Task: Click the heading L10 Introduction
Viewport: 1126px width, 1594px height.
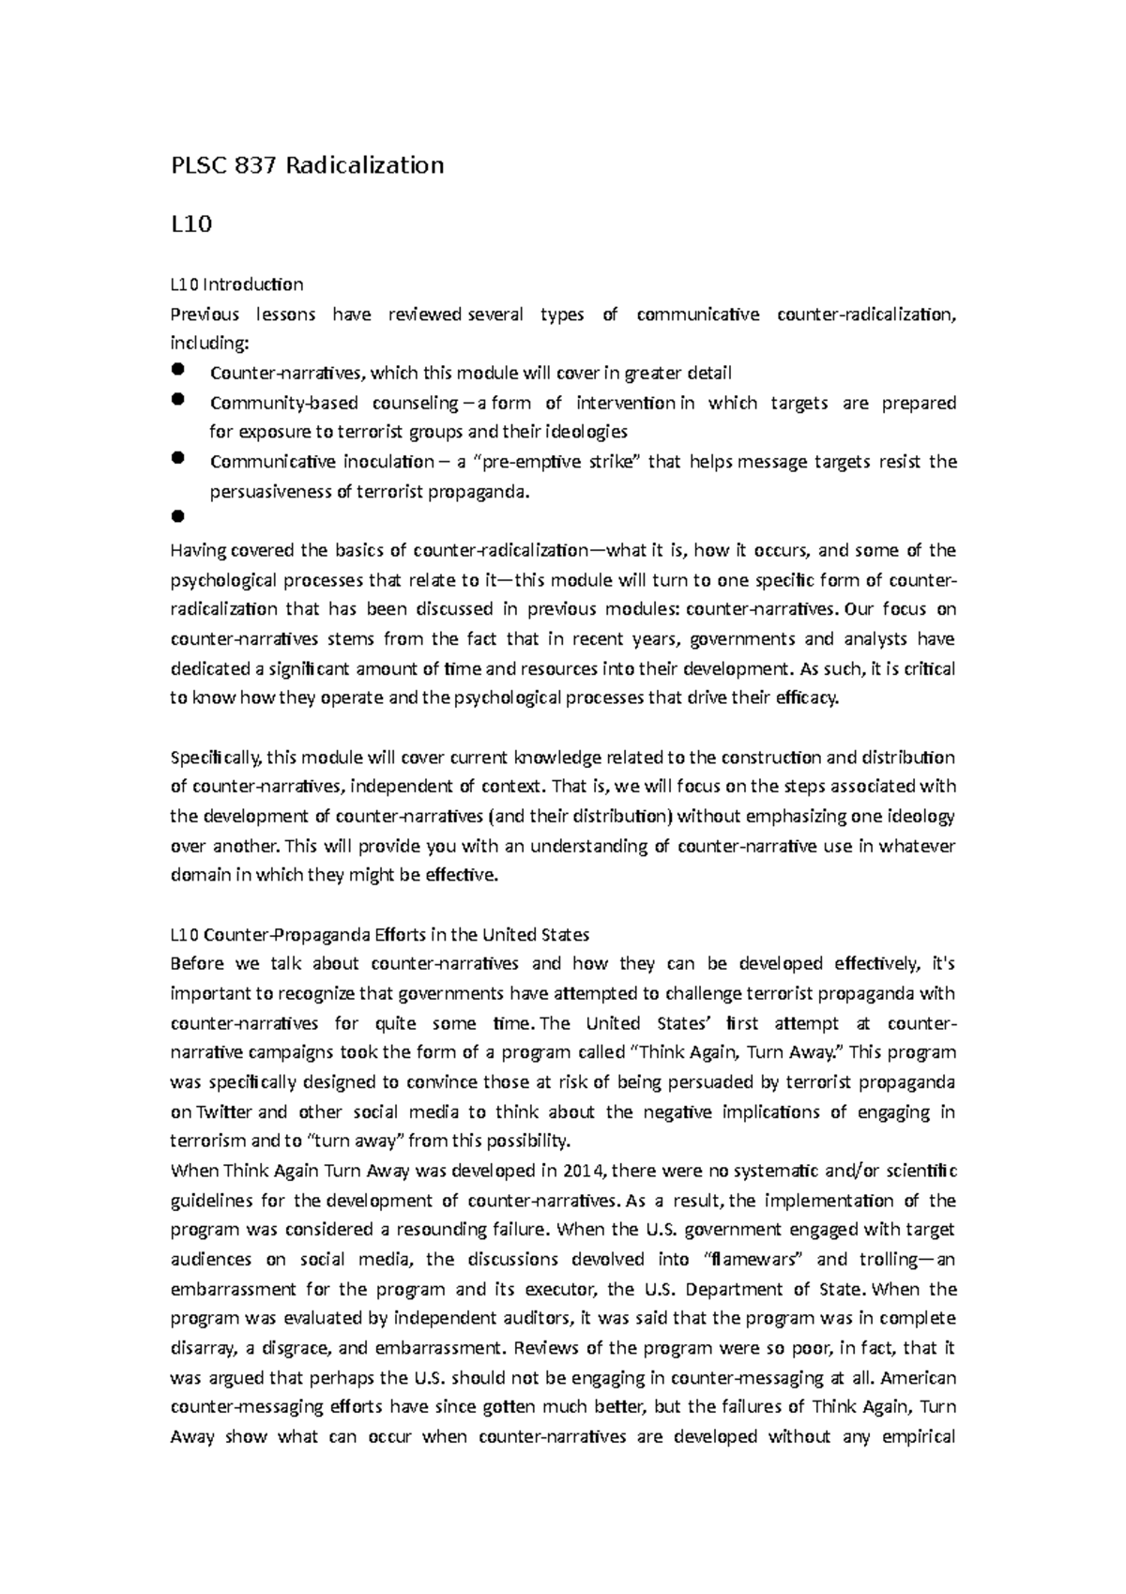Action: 236,284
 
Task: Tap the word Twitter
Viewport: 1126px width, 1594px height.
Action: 224,1112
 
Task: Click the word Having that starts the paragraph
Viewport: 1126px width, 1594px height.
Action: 198,550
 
